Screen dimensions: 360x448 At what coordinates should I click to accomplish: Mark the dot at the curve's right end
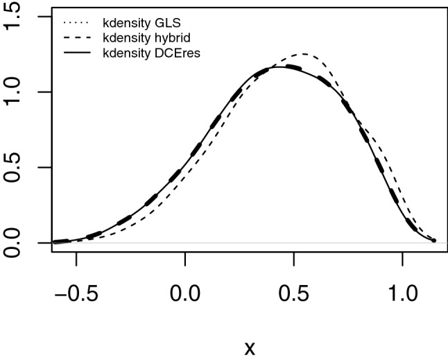point(433,240)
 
